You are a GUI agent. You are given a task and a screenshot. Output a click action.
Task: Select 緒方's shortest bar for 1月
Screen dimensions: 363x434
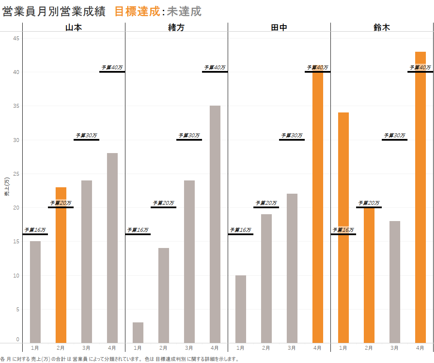tap(138, 332)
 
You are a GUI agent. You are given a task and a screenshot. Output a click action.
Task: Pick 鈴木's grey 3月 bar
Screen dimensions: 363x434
tap(395, 282)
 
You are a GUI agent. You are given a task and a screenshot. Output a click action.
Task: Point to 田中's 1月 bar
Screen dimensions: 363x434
tap(241, 309)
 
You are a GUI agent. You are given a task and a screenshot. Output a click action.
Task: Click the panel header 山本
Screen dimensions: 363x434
tap(74, 27)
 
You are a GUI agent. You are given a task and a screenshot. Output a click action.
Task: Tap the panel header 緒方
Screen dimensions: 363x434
tap(176, 27)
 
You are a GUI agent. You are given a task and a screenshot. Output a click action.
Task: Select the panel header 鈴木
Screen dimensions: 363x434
tap(382, 27)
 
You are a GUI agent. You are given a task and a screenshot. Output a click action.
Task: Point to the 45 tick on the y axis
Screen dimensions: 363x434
tap(17, 38)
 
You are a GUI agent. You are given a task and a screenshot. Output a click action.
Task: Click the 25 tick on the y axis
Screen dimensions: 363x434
tap(17, 174)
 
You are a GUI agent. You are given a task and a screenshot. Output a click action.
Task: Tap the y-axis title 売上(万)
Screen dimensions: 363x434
tap(6, 187)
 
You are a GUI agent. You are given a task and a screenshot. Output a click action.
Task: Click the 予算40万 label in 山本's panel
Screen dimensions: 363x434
tap(112, 67)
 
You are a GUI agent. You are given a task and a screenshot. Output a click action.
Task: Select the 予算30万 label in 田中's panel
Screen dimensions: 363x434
tap(292, 135)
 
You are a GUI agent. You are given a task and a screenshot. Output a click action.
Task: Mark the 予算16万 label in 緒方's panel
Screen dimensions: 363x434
tap(138, 230)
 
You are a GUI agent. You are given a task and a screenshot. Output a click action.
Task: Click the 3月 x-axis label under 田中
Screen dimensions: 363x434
tap(292, 348)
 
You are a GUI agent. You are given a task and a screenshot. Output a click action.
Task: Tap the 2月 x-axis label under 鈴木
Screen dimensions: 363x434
tap(369, 348)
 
